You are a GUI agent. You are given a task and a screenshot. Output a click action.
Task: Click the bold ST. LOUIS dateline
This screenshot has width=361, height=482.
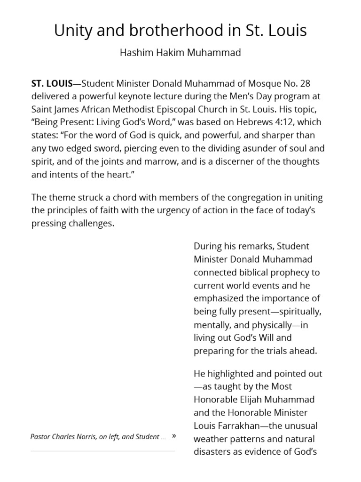point(52,84)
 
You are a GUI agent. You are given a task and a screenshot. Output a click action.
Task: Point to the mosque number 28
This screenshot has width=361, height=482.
point(305,84)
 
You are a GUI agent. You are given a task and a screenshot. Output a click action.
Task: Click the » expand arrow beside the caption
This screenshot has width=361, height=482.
point(174,436)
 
